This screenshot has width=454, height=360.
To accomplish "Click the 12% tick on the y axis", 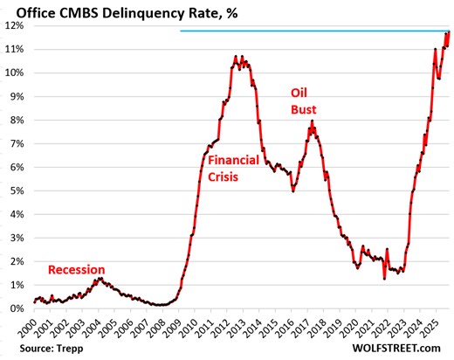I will point(14,25).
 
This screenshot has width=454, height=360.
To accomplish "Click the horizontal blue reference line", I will point(306,31).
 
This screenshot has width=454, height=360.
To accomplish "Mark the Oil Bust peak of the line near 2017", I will point(312,123).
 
